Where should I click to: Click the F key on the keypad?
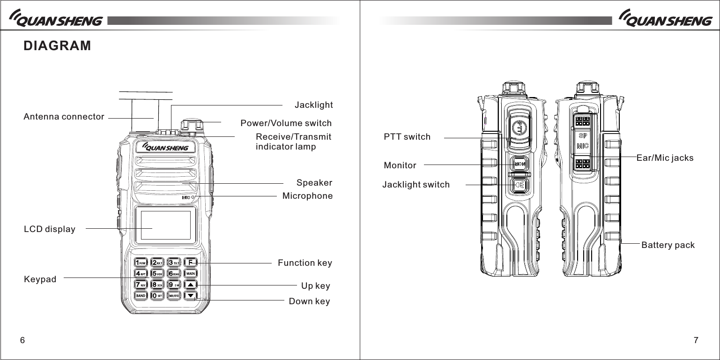(x=191, y=262)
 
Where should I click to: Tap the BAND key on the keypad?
(x=141, y=296)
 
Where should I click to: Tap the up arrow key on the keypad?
(x=191, y=285)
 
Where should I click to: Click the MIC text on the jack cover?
(x=582, y=146)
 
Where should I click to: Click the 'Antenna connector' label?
(x=64, y=117)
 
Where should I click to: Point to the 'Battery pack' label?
(x=668, y=245)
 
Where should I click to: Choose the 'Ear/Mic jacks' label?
(x=665, y=158)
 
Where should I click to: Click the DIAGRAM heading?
(x=58, y=46)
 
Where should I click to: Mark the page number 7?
(x=696, y=340)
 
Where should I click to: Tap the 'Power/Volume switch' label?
(x=286, y=123)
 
